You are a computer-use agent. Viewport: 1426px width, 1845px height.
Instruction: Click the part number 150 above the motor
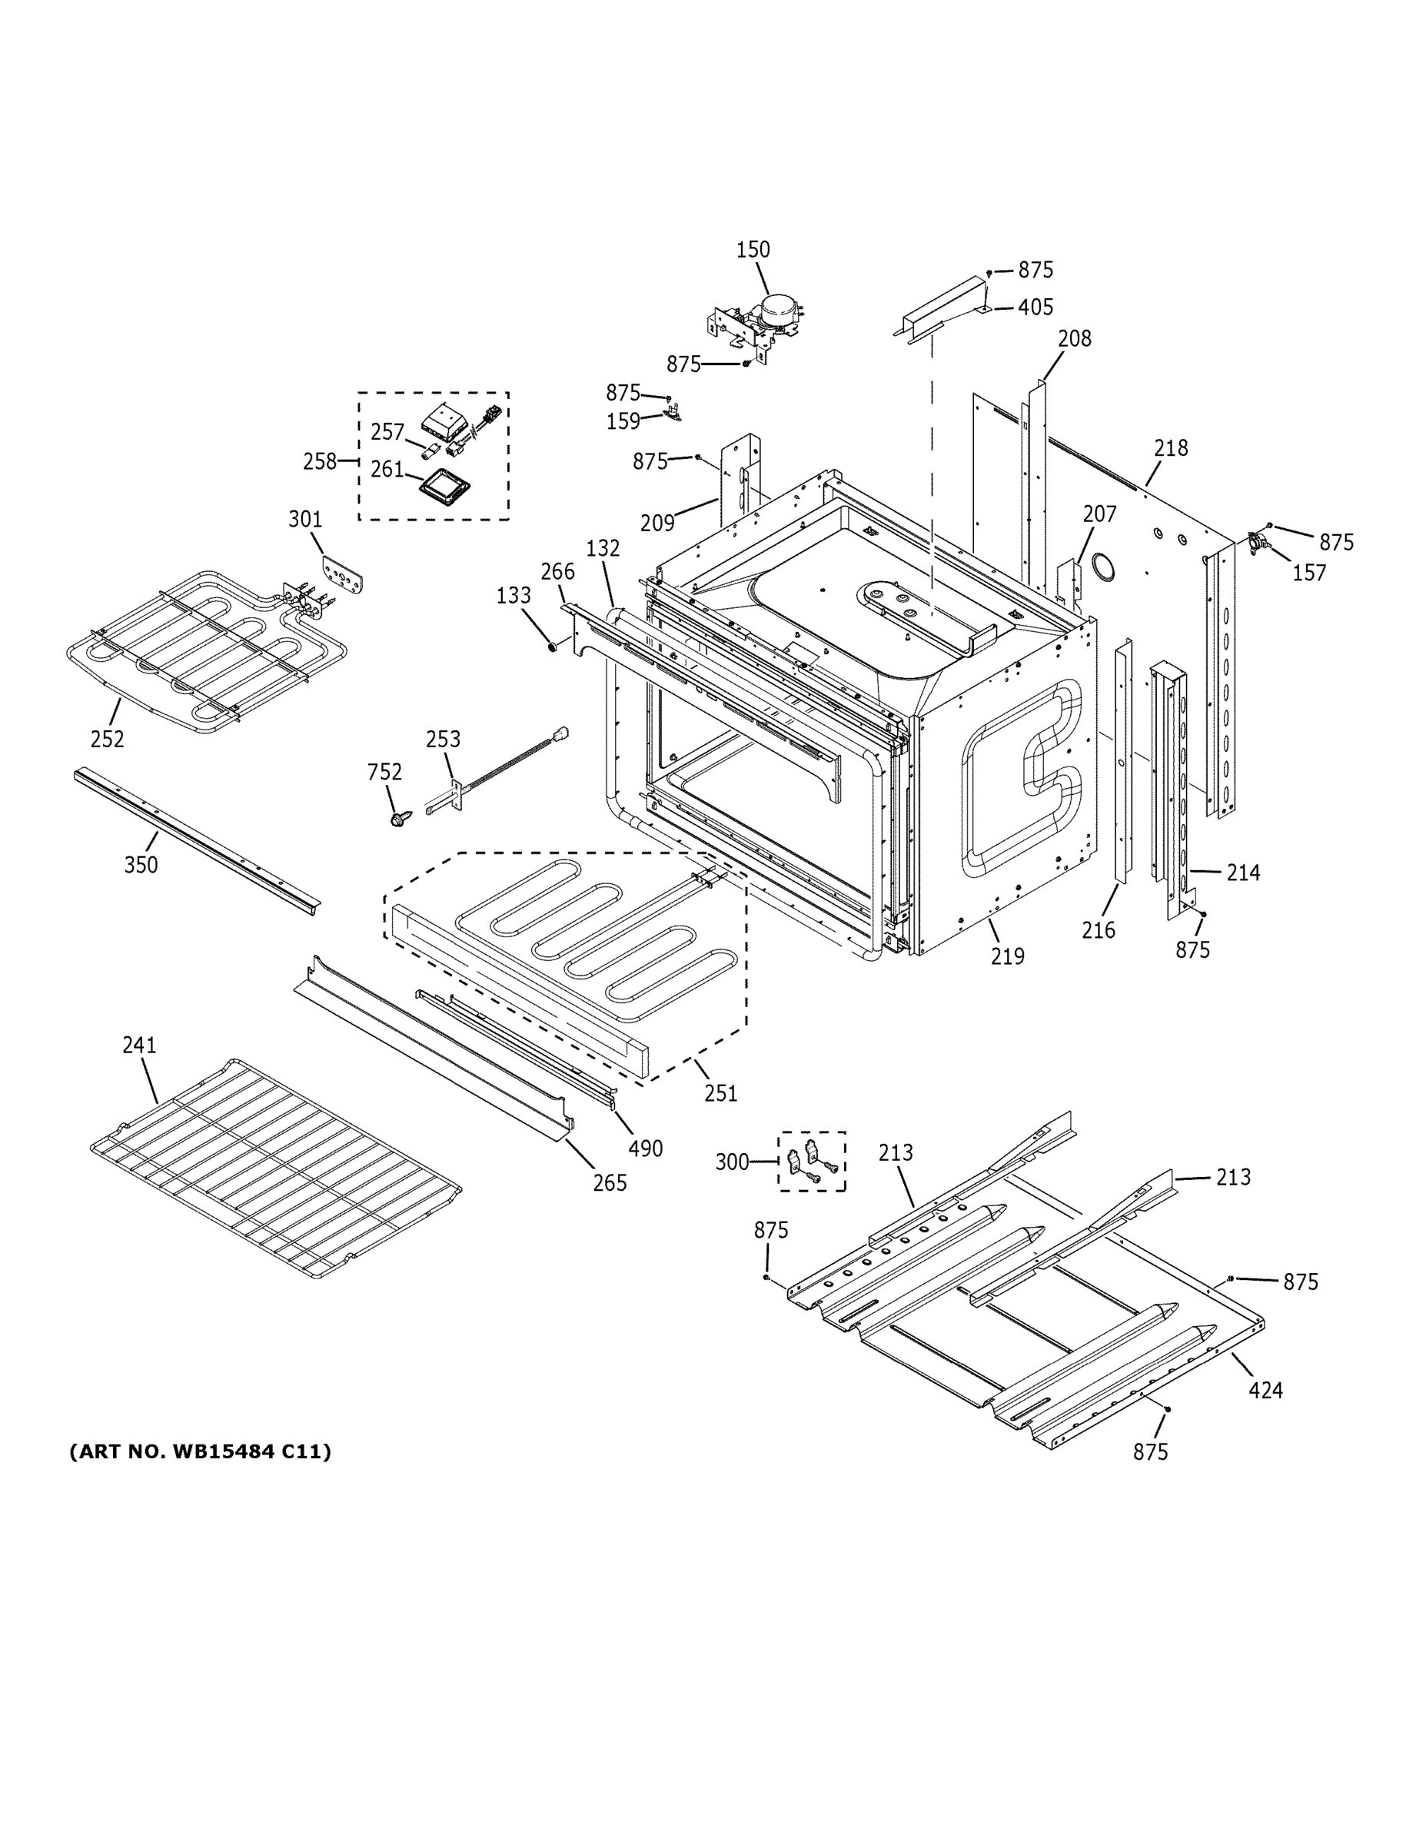coord(753,250)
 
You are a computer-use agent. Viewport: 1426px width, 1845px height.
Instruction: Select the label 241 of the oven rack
coord(139,1045)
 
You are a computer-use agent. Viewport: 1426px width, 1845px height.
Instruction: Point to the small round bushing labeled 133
coord(553,647)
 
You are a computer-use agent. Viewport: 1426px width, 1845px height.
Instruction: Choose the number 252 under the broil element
coord(108,740)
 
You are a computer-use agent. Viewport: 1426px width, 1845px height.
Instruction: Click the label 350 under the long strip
coord(141,865)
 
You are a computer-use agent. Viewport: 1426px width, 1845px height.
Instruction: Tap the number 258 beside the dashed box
coord(319,461)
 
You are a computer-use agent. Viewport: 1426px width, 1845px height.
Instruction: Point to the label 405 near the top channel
coord(1035,307)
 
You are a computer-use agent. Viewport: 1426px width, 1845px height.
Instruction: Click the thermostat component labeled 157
coord(1258,544)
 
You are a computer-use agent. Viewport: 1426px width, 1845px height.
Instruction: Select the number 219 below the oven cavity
coord(1007,956)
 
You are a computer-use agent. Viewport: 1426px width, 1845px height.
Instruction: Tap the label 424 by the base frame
coord(1265,1390)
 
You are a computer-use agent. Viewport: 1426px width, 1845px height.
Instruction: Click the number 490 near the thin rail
coord(646,1149)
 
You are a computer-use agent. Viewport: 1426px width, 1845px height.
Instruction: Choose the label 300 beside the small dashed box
coord(733,1162)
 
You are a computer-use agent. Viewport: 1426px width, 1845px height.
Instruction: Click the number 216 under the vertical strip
coord(1099,930)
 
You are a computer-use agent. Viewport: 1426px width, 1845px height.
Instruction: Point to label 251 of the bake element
coord(720,1093)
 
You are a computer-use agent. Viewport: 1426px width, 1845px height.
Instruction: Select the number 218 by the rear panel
coord(1171,449)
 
